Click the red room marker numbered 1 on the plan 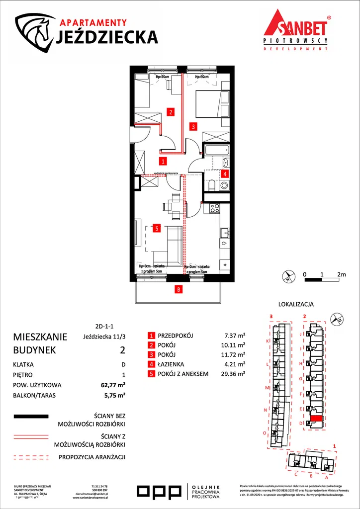click(163, 161)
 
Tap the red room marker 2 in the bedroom click(170, 112)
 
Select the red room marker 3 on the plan click(193, 126)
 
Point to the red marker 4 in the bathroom click(225, 174)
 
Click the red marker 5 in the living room click(156, 229)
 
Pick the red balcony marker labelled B click(178, 288)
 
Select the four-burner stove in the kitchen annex click(214, 209)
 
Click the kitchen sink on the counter click(225, 232)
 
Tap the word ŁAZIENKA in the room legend click(172, 364)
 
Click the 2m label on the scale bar click(341, 274)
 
